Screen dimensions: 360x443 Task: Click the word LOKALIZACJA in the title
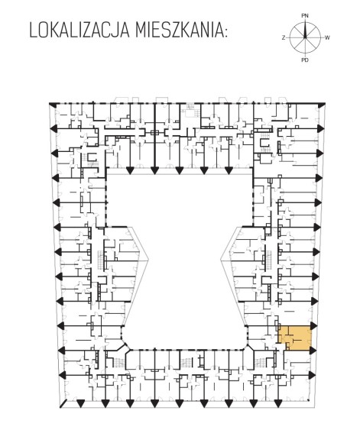point(79,31)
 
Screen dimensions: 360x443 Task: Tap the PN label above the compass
point(305,16)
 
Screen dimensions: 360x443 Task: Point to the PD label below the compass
point(305,60)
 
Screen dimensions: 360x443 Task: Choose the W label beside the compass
point(327,37)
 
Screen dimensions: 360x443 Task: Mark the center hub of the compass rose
point(305,38)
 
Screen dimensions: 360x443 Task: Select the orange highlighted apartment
point(295,338)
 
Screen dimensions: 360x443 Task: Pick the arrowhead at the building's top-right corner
point(321,105)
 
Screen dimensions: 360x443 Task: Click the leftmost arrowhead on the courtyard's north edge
point(130,170)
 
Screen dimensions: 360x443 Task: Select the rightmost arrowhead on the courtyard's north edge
point(229,170)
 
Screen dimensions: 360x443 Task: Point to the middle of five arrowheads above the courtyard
point(179,170)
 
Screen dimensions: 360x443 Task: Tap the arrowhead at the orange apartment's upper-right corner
point(313,325)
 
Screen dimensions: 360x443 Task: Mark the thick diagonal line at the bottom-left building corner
point(63,404)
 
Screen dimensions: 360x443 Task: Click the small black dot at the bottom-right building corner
point(308,400)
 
